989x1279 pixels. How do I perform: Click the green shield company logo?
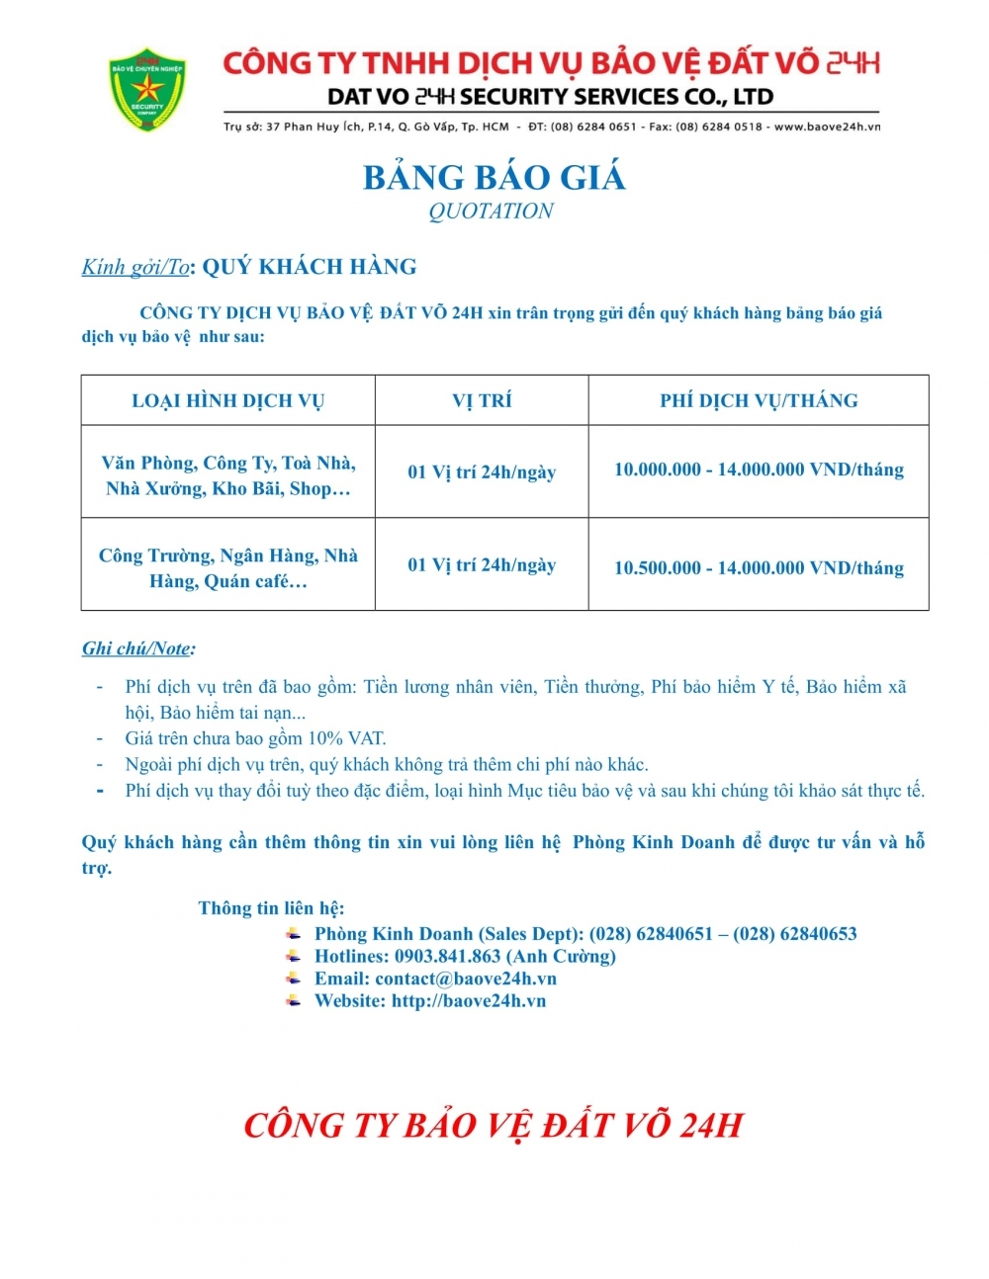click(x=147, y=90)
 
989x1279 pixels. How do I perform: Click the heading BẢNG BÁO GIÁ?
click(x=494, y=178)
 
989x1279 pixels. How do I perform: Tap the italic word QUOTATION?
click(x=491, y=211)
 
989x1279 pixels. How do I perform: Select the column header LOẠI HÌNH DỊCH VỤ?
click(x=227, y=400)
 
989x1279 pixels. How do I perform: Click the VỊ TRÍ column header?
click(x=482, y=400)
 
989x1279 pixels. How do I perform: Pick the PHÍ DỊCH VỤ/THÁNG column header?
click(x=759, y=400)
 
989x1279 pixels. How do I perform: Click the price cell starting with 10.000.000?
click(x=759, y=469)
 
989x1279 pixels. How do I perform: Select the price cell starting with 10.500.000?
click(x=759, y=567)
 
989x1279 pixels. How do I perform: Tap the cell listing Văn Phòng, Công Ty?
click(x=227, y=475)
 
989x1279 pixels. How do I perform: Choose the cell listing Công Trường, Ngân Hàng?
click(x=227, y=568)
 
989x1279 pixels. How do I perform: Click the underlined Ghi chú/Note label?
click(x=137, y=648)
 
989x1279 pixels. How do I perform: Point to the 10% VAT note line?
click(x=255, y=738)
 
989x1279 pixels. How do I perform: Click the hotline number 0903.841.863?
click(x=447, y=956)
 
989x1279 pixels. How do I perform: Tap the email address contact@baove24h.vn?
click(x=465, y=979)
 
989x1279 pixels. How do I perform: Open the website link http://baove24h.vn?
click(x=469, y=1000)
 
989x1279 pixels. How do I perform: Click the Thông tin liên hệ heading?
click(x=271, y=908)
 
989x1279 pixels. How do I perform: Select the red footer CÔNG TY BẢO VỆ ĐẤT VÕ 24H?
click(x=493, y=1125)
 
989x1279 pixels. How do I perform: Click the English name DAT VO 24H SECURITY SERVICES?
click(x=550, y=97)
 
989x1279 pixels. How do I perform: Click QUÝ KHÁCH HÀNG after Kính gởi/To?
click(x=310, y=267)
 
